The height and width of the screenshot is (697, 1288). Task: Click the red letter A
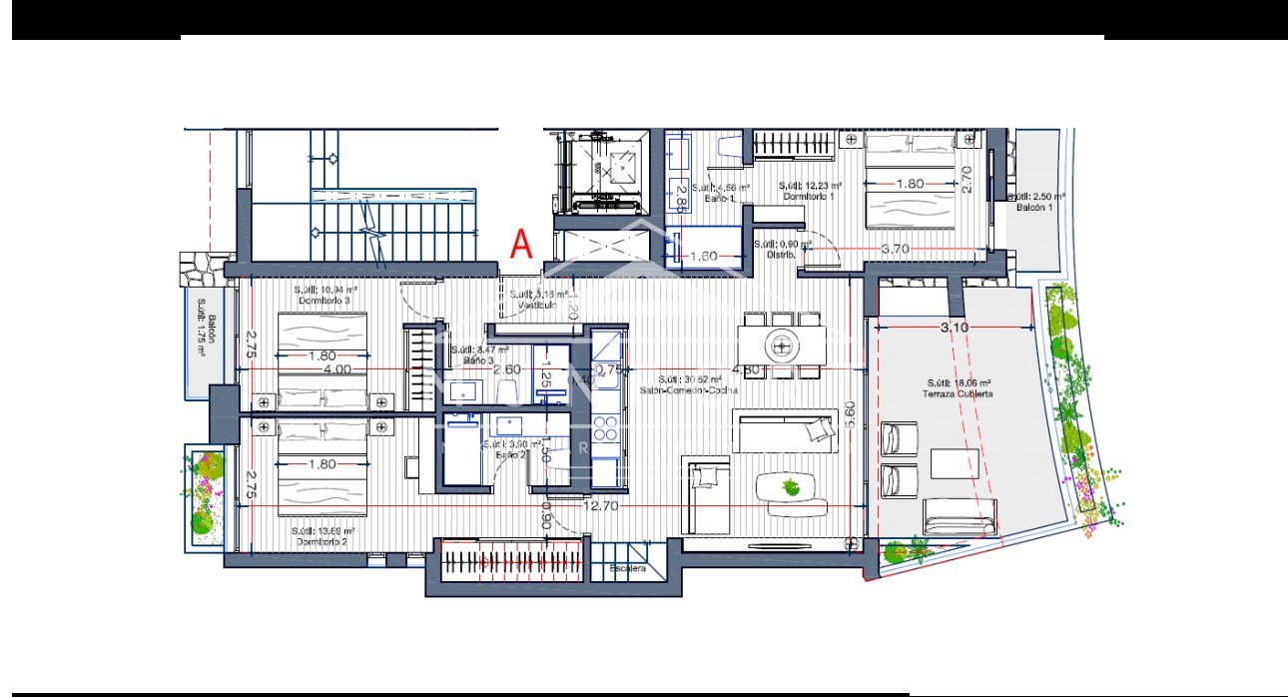coord(521,244)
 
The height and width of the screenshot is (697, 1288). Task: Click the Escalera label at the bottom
coord(629,569)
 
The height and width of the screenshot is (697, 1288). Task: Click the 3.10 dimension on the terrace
coord(954,327)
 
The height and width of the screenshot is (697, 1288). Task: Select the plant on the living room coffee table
coord(791,487)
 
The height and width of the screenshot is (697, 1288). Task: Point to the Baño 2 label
coord(510,450)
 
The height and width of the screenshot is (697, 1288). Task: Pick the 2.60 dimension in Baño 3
coord(506,368)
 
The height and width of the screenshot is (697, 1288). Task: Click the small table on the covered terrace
coord(955,463)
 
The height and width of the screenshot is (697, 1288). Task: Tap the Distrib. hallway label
coord(782,249)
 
